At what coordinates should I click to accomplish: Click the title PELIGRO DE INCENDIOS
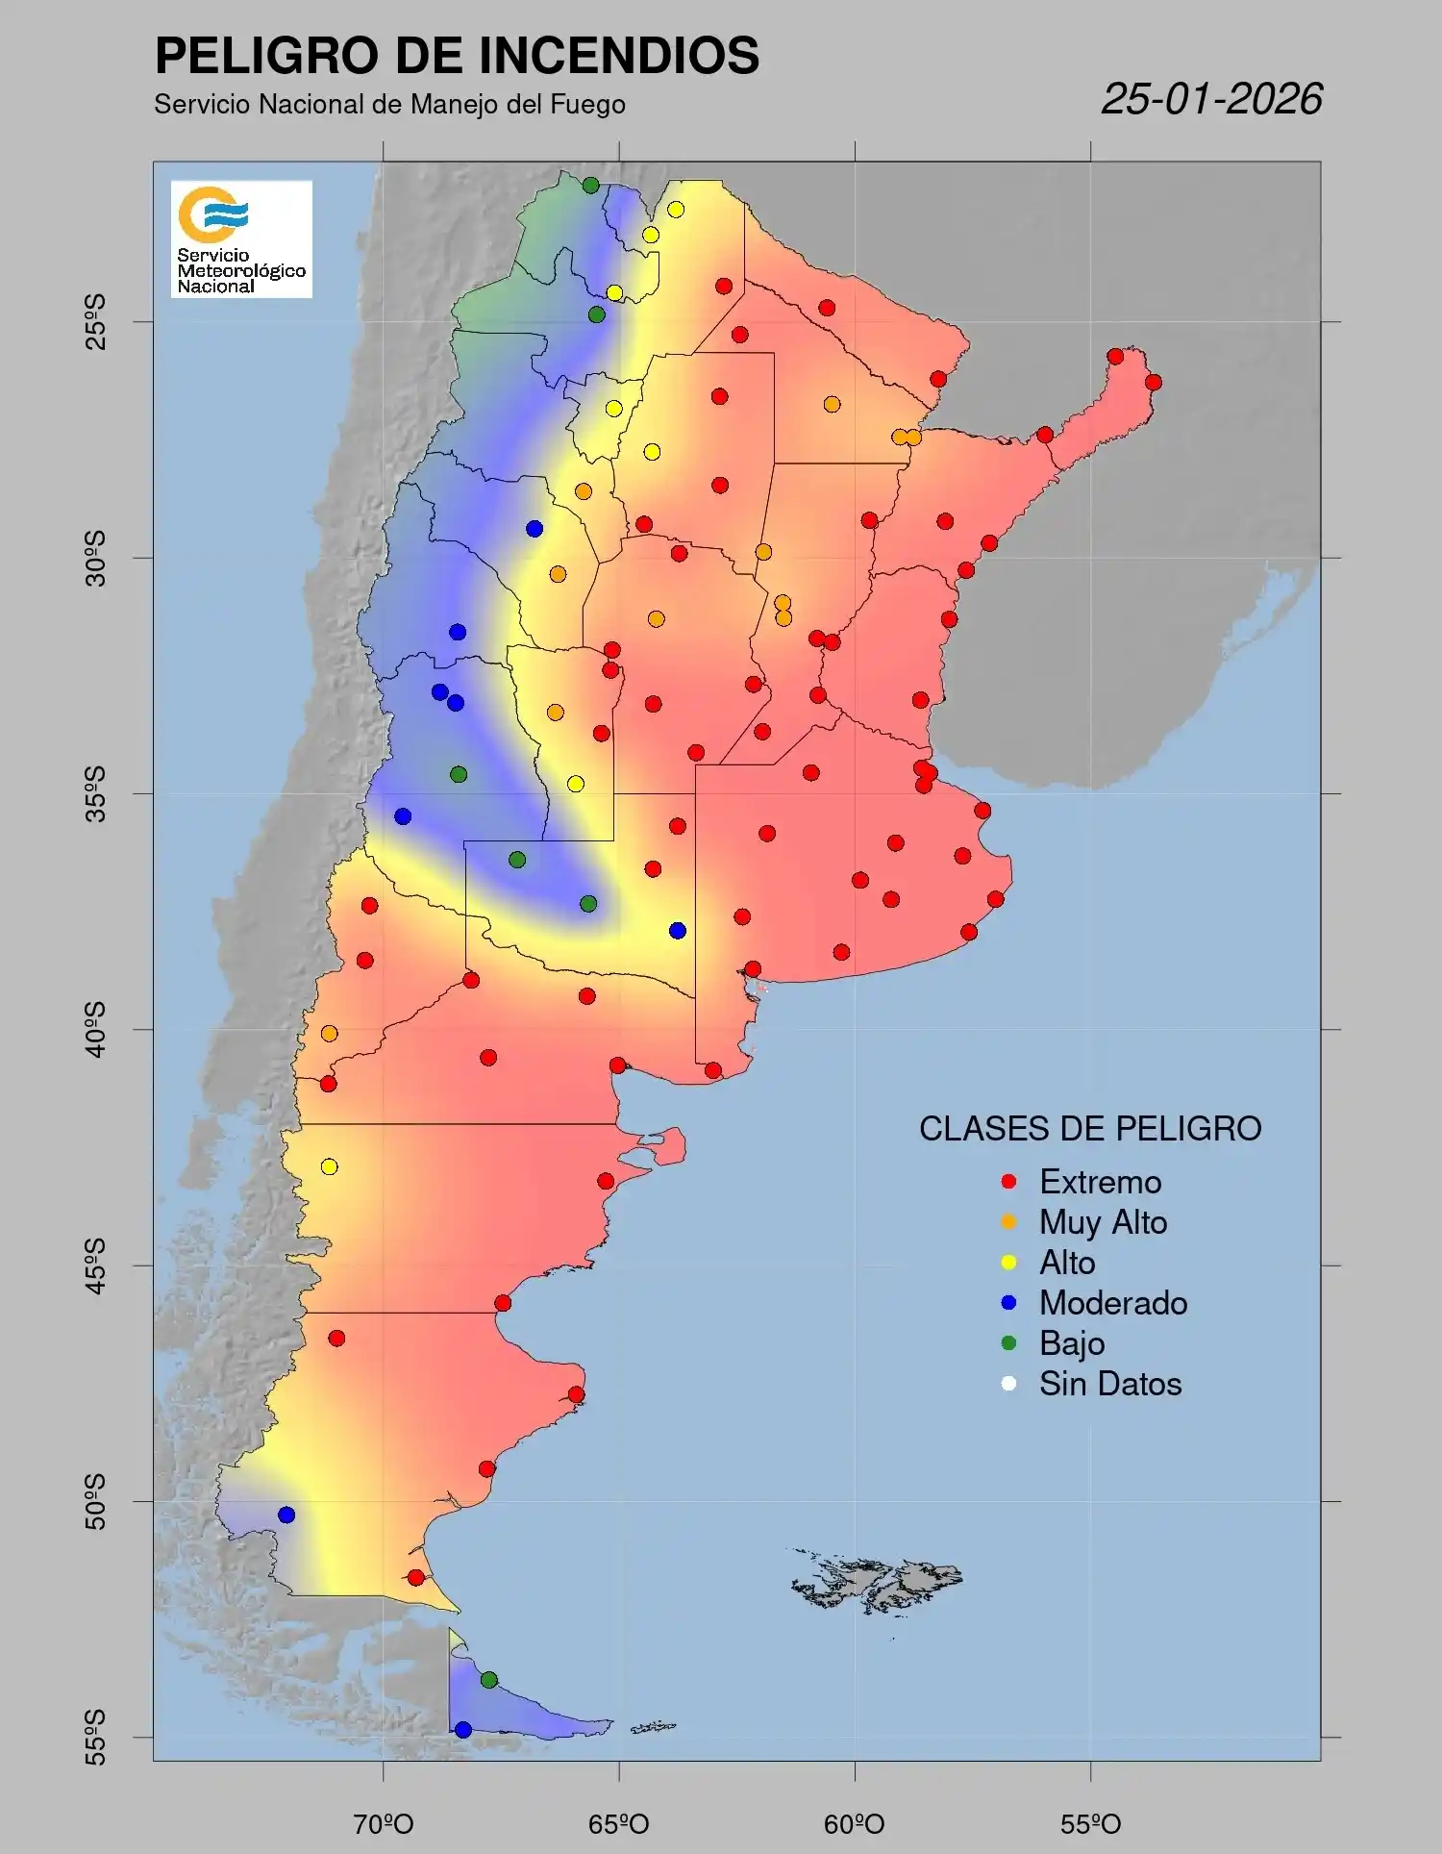[x=457, y=56]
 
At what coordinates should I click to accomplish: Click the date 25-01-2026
[x=1211, y=99]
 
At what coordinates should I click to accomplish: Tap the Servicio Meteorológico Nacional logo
[x=241, y=238]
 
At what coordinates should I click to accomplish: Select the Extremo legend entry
[x=1099, y=1182]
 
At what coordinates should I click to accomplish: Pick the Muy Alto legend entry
[x=1102, y=1222]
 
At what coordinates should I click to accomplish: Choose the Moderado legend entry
[x=1112, y=1303]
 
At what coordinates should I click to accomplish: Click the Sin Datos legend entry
[x=1109, y=1384]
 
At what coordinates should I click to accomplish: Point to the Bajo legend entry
[x=1071, y=1343]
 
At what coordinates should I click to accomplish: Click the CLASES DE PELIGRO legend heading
[x=1090, y=1129]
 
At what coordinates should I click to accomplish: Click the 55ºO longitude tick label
[x=1090, y=1824]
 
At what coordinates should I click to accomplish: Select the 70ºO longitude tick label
[x=384, y=1824]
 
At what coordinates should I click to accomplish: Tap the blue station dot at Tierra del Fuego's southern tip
[x=463, y=1730]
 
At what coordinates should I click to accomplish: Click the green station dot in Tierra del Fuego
[x=488, y=1680]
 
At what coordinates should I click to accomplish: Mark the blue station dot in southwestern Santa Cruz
[x=286, y=1515]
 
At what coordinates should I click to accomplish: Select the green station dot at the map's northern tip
[x=590, y=186]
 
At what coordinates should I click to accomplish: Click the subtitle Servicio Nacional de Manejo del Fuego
[x=389, y=104]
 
